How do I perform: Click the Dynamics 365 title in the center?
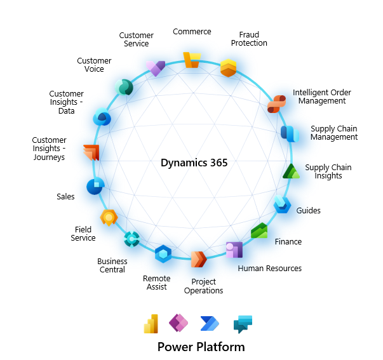click(194, 163)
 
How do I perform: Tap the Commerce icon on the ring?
click(192, 60)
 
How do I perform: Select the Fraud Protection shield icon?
click(229, 67)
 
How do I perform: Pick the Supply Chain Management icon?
click(290, 133)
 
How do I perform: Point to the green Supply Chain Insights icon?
click(291, 171)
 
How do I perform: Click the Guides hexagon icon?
click(282, 204)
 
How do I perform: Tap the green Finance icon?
click(259, 231)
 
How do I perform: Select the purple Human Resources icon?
click(234, 250)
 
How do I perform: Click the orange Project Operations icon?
click(199, 259)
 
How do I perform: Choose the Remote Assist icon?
click(163, 254)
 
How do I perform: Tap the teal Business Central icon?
click(131, 239)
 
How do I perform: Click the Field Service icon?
click(109, 217)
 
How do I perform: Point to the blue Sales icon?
click(95, 186)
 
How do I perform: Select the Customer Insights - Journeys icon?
click(91, 152)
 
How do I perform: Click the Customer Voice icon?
click(123, 87)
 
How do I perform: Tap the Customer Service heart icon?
click(155, 68)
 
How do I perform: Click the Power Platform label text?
click(201, 347)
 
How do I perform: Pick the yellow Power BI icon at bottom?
click(151, 324)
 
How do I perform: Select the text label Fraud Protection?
click(253, 39)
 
